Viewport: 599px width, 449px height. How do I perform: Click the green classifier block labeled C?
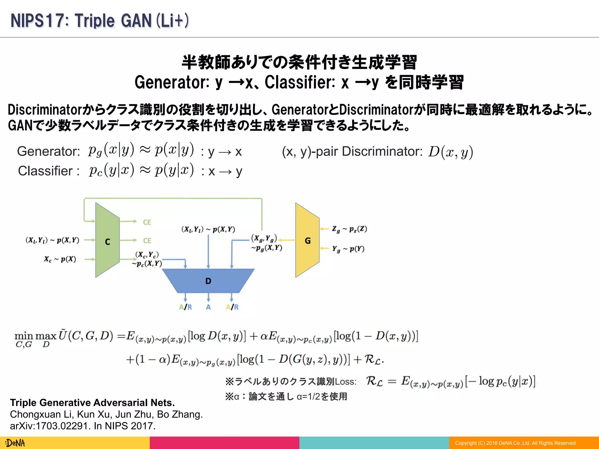click(107, 241)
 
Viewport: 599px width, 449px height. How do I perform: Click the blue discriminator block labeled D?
click(208, 281)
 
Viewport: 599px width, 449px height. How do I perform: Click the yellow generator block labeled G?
click(307, 241)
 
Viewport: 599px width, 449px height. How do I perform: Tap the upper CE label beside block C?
click(147, 222)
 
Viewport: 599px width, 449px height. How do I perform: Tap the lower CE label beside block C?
click(147, 241)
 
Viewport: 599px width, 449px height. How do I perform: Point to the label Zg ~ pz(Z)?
click(349, 229)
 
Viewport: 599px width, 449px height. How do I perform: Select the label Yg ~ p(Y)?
click(348, 249)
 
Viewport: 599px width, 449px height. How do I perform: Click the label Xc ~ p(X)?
click(60, 259)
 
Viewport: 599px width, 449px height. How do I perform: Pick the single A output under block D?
click(208, 307)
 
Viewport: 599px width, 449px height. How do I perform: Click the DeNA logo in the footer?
click(16, 443)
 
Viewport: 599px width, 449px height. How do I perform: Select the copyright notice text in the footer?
click(516, 443)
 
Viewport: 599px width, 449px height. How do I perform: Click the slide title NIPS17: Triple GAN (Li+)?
click(100, 21)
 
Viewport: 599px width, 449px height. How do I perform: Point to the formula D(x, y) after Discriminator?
click(450, 152)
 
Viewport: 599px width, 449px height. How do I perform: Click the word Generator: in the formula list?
click(49, 151)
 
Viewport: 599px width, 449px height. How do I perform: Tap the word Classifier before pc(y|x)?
click(45, 171)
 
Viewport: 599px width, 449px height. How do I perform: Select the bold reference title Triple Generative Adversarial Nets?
click(92, 403)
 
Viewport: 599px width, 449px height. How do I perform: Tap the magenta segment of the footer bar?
click(224, 443)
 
